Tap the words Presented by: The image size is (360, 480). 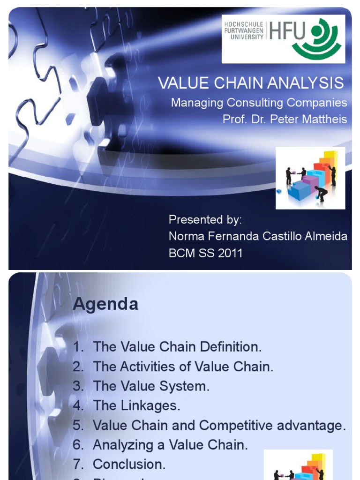205,220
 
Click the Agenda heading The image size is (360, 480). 105,304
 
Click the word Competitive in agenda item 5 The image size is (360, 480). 239,426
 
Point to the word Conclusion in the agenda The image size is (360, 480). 129,465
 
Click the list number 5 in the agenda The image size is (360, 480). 77,426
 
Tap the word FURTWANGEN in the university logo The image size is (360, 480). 244,31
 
